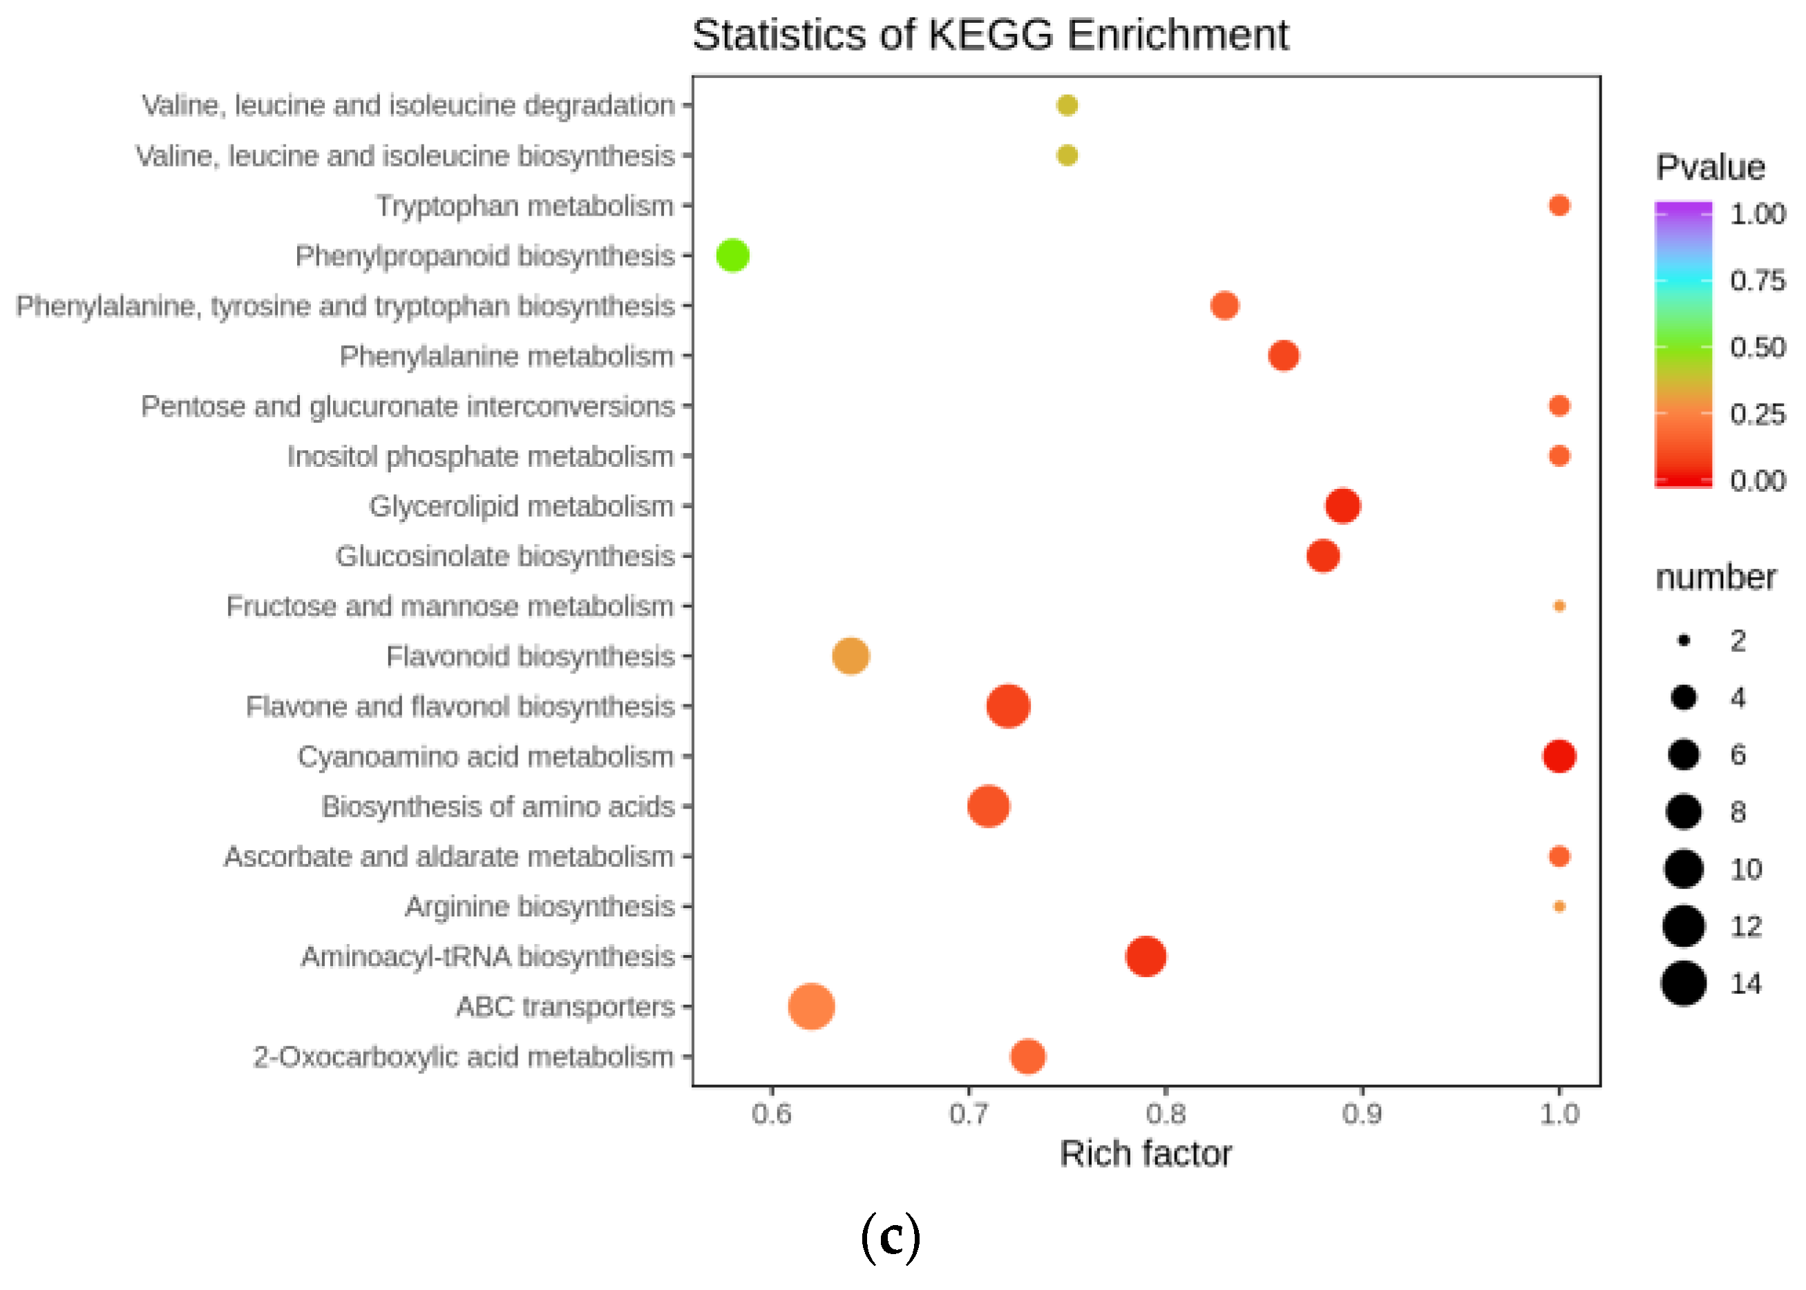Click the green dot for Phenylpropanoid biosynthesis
coord(732,255)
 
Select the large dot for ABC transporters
coord(810,1005)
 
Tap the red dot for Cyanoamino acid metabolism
coord(1558,755)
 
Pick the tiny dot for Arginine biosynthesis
coord(1558,905)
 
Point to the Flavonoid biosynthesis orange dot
coord(850,655)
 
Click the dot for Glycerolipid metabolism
coord(1342,506)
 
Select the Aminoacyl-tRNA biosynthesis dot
coord(1145,956)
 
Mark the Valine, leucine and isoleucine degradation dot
coord(1066,105)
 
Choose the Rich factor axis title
coord(1145,1153)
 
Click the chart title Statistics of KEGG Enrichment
coord(989,35)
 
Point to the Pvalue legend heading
coord(1710,168)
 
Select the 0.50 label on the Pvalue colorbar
coord(1758,347)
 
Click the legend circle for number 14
coord(1683,983)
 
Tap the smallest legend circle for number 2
coord(1683,640)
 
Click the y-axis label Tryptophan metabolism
coord(524,206)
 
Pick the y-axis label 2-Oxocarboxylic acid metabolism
coord(463,1057)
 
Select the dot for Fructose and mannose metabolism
coord(1558,605)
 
